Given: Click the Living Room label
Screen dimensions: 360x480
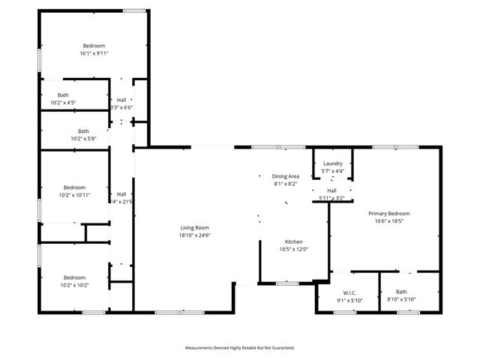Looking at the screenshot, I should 194,227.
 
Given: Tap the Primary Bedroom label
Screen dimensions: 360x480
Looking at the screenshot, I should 388,213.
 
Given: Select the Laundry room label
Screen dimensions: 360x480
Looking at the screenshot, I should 333,163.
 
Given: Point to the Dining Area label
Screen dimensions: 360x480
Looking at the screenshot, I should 285,176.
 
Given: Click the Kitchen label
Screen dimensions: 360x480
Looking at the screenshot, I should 293,241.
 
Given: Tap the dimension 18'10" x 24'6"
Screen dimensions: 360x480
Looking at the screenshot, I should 194,235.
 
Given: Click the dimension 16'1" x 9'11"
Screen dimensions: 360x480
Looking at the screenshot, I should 94,53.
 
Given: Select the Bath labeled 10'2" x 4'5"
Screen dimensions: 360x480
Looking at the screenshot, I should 63,94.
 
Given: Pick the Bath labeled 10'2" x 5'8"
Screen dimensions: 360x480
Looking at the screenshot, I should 83,130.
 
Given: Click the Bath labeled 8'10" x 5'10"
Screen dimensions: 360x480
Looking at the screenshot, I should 401,292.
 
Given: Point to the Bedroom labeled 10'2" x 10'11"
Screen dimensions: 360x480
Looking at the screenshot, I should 74,187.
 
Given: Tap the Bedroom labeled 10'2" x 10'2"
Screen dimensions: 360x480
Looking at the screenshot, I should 74,277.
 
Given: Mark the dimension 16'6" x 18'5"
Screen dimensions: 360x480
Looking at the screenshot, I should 388,221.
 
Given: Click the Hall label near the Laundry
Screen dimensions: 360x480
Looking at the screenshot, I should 331,190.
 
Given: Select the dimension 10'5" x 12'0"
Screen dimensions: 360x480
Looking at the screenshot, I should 293,249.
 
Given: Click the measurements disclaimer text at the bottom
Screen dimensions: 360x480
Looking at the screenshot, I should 240,348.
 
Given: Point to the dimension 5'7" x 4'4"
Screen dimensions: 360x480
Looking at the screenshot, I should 333,171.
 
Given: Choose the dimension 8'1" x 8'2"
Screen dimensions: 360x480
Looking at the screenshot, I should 285,184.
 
